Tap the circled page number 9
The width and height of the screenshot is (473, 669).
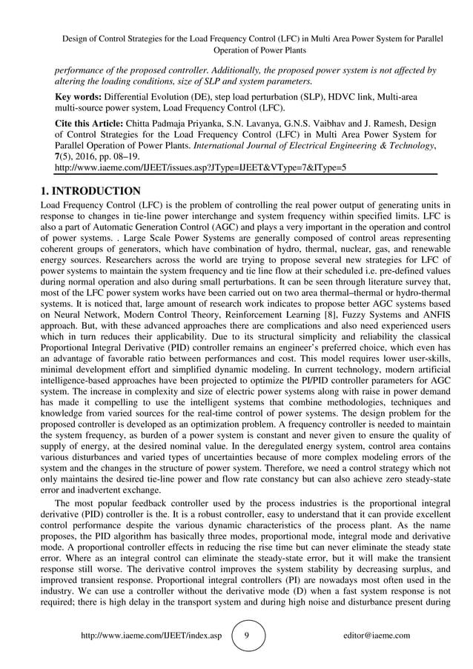pyautogui.click(x=246, y=636)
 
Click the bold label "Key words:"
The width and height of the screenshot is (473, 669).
pyautogui.click(x=79, y=97)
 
